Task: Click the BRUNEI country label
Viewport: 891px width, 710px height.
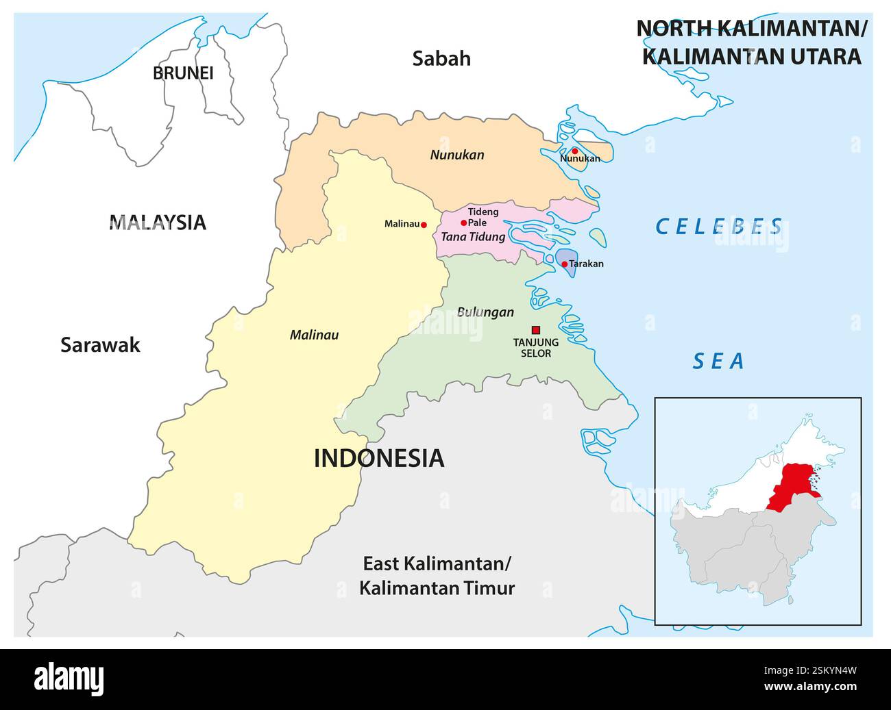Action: (183, 73)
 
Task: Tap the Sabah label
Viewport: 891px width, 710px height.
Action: (441, 59)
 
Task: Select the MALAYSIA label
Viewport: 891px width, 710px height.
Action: (158, 222)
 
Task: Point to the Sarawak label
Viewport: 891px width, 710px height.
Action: (100, 344)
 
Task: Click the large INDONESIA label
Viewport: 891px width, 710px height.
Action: (378, 458)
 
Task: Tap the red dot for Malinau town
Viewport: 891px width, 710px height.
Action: (424, 225)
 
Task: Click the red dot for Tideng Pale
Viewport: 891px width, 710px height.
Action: (463, 223)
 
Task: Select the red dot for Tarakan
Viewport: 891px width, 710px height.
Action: (564, 264)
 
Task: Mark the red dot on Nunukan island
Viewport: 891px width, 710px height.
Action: (575, 151)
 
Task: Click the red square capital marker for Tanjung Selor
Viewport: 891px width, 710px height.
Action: (536, 329)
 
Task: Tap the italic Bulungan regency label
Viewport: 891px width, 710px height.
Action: (485, 312)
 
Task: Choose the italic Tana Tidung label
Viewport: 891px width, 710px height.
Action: (473, 237)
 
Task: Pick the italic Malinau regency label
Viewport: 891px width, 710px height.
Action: (314, 335)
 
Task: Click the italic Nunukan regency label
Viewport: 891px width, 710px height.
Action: (456, 155)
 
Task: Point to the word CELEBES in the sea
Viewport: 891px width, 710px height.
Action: (719, 226)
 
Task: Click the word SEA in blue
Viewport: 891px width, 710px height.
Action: (718, 361)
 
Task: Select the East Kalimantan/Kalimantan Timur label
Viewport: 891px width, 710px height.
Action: (437, 576)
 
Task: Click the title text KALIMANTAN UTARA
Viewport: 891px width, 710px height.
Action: (751, 56)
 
